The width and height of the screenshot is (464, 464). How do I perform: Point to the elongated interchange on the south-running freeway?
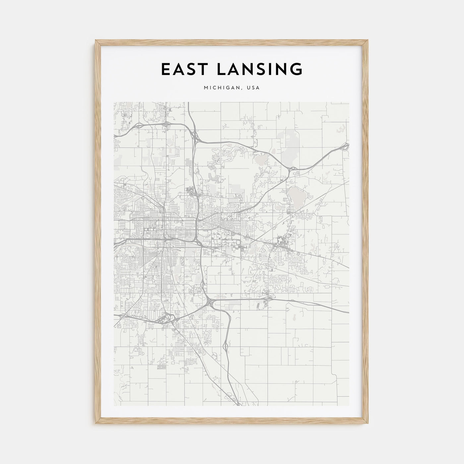[226, 347]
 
